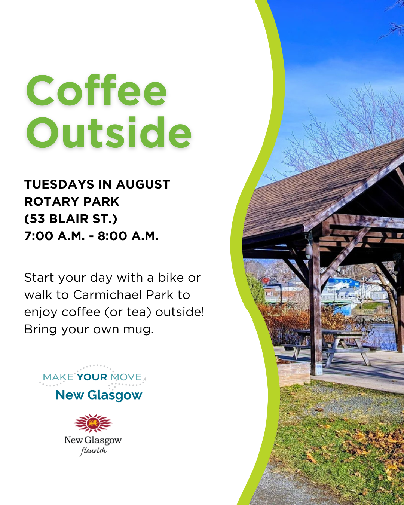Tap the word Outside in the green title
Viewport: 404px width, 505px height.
coord(109,132)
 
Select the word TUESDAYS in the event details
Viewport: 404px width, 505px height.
coord(59,184)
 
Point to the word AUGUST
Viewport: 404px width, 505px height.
coord(143,184)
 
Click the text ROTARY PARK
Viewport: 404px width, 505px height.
coord(72,201)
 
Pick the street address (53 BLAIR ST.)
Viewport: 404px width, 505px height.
coord(71,219)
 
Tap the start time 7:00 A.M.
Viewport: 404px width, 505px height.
coord(55,236)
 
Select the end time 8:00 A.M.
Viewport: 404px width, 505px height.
coord(128,236)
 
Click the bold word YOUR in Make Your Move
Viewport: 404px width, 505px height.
coord(92,377)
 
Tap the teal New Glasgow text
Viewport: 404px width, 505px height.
coord(99,395)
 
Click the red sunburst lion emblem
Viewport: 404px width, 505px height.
coord(93,423)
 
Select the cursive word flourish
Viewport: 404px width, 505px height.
coord(94,451)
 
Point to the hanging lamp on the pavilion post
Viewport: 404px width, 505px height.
coord(309,251)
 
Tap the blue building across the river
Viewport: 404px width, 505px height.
coord(344,282)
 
